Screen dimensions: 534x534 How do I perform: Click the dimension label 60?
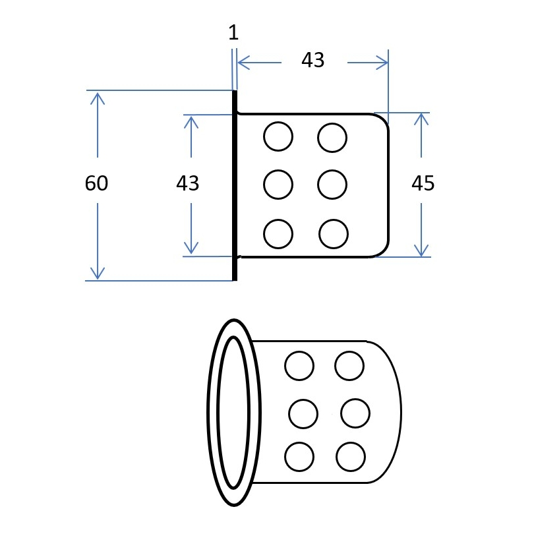(96, 183)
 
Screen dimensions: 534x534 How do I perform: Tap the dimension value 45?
(423, 183)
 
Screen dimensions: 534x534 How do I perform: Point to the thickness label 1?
(233, 33)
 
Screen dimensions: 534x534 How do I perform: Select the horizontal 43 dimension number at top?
(313, 60)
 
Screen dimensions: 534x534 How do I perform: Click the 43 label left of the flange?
(188, 183)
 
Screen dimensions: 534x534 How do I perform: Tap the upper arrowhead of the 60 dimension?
(98, 98)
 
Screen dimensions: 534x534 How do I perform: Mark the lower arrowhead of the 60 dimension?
(98, 273)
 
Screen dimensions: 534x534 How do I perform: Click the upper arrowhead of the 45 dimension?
(422, 119)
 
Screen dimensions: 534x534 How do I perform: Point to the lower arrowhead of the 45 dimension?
(422, 251)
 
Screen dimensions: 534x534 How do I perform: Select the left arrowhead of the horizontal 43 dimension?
(244, 63)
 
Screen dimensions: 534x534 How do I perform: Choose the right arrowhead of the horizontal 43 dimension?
(382, 63)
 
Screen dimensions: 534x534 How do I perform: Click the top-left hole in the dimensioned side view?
(278, 136)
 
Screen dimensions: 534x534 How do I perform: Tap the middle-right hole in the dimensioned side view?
(332, 185)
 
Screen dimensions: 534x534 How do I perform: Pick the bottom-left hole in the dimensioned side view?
(278, 234)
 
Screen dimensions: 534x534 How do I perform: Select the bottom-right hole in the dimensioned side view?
(334, 234)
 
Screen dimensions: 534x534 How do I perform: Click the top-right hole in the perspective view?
(349, 366)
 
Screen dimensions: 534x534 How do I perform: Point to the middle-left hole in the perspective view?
(303, 414)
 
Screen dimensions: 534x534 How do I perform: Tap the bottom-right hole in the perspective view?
(351, 457)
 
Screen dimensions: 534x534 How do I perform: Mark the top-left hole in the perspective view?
(299, 366)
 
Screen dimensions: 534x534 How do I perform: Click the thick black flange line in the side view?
(235, 186)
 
